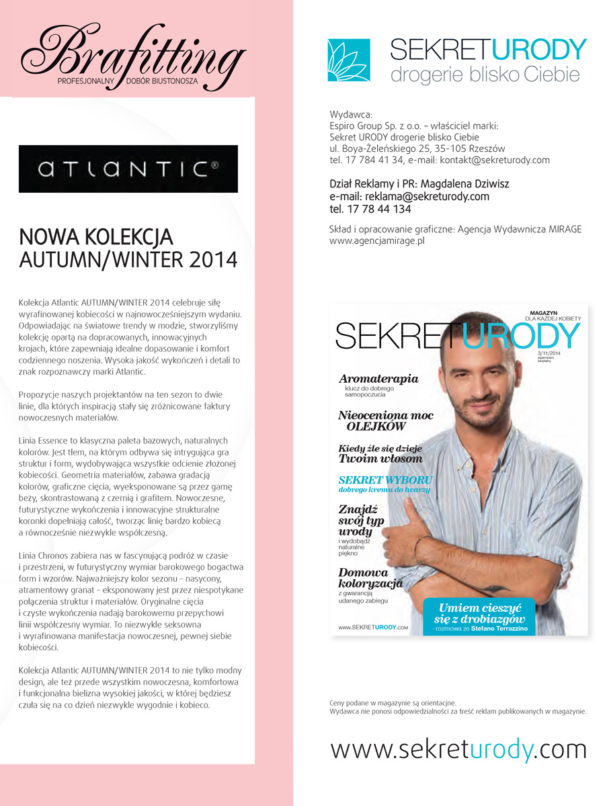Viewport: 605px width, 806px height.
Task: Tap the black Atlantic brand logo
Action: coord(128,169)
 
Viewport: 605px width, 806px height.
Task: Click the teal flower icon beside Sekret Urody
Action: coord(348,60)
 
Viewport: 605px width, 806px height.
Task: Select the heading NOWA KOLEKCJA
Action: coord(96,237)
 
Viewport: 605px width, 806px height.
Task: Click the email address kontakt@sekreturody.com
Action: coord(494,160)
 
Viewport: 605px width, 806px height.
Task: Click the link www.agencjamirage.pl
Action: coord(377,240)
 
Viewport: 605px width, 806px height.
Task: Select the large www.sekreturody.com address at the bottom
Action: coord(458,748)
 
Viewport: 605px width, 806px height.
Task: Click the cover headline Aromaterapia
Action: coord(378,379)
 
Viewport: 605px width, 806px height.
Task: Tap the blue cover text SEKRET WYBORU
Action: coord(385,480)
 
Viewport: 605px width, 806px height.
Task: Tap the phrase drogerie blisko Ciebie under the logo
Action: coord(485,75)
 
